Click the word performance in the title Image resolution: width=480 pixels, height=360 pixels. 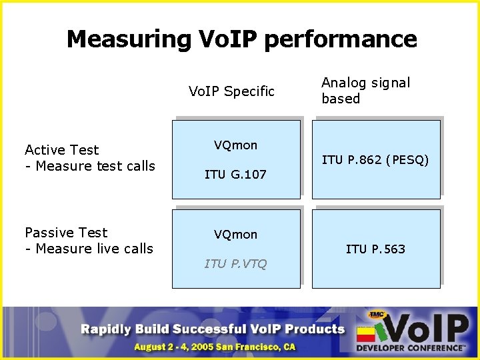pos(341,40)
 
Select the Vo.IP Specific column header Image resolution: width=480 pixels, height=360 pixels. pos(231,91)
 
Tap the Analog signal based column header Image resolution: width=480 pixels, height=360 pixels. pos(365,91)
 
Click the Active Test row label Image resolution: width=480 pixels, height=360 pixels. pos(61,150)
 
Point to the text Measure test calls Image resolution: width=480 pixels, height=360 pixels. pos(95,166)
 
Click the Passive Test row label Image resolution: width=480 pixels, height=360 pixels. pos(66,233)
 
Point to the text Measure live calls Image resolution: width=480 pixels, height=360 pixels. pos(94,249)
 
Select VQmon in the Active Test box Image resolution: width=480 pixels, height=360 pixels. pos(235,145)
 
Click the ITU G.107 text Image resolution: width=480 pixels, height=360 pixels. pos(235,175)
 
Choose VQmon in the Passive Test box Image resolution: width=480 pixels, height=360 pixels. pos(235,235)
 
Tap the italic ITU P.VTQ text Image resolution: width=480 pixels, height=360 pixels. pos(235,264)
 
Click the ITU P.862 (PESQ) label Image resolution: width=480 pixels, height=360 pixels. pos(375,160)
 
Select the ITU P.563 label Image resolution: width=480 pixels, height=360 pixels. pos(375,249)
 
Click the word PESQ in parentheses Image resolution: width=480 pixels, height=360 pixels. pos(407,160)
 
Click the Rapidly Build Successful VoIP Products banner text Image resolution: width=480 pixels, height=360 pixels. pos(213,329)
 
